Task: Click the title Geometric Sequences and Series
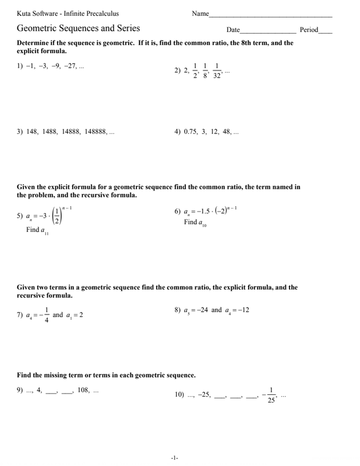(78, 29)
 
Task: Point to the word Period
(309, 29)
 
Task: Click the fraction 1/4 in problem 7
(46, 315)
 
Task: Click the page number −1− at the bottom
(174, 458)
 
